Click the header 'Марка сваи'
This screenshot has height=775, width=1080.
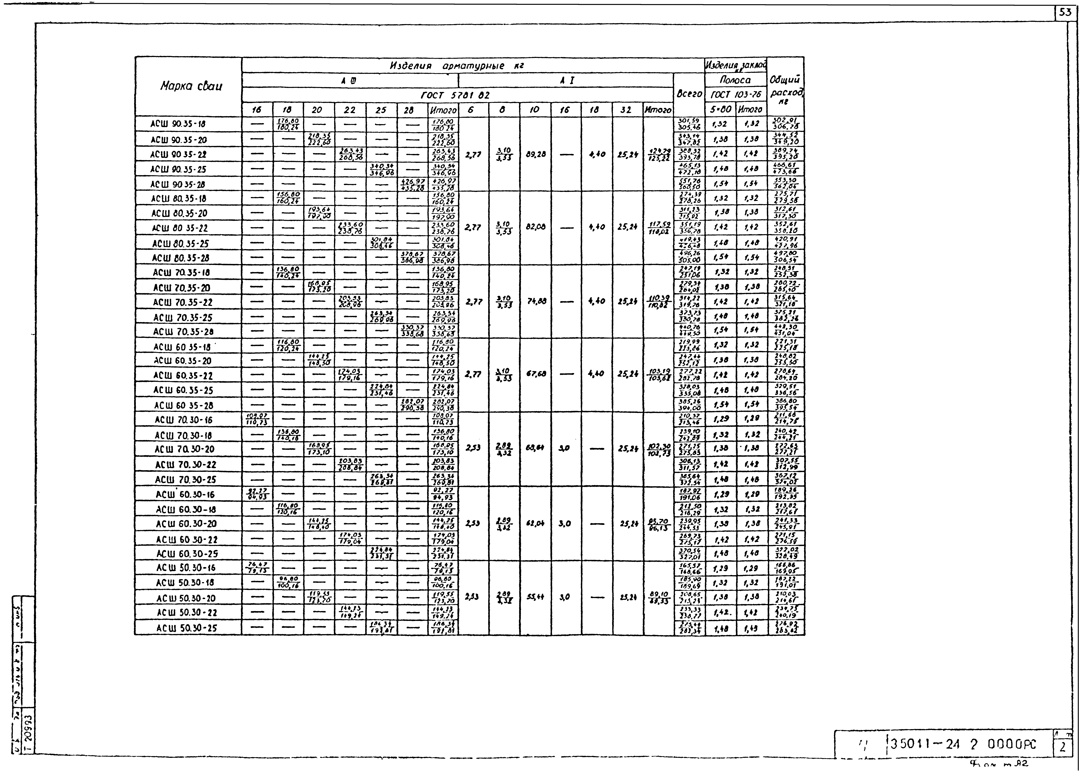pos(191,86)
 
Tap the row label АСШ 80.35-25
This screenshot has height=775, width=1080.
pos(181,243)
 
